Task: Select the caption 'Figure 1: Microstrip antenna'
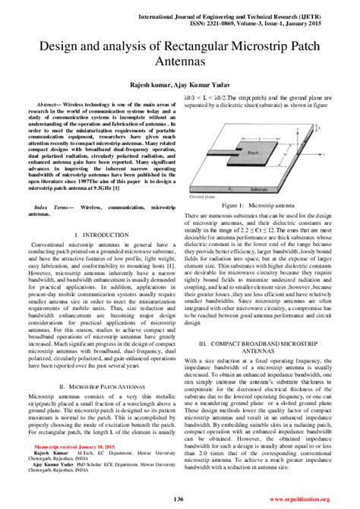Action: pos(257,206)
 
